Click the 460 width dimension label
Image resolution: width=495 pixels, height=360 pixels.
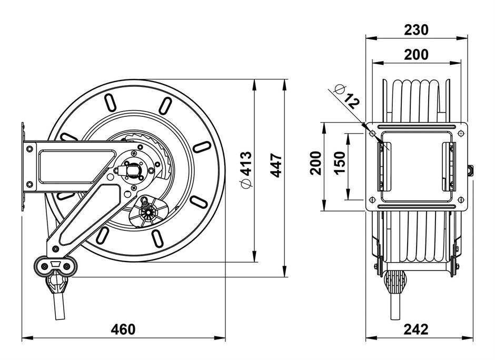[x=123, y=329]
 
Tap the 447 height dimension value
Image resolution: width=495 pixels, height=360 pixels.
[x=276, y=165]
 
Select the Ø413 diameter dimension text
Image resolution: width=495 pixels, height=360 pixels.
[x=246, y=170]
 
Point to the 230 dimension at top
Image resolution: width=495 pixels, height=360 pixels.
[x=416, y=30]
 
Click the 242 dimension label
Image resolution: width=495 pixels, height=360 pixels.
[x=416, y=329]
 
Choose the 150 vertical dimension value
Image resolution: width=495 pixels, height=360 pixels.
[x=340, y=163]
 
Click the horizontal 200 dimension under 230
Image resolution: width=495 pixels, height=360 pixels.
[x=416, y=55]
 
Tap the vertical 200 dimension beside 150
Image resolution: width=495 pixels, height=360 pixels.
[x=315, y=163]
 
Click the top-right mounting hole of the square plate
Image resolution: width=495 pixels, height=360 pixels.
[x=460, y=134]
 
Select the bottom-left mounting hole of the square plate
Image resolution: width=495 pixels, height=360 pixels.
[x=372, y=199]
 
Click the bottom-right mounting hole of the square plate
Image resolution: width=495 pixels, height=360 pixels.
[x=460, y=199]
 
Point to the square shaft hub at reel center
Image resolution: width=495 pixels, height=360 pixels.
[x=134, y=171]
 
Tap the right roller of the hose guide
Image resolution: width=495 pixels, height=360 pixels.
[x=66, y=266]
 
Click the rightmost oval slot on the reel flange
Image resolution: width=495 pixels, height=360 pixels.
[x=202, y=147]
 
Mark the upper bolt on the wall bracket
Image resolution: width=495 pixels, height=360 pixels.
[x=29, y=148]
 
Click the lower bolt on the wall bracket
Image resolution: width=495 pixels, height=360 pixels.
[x=29, y=184]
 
